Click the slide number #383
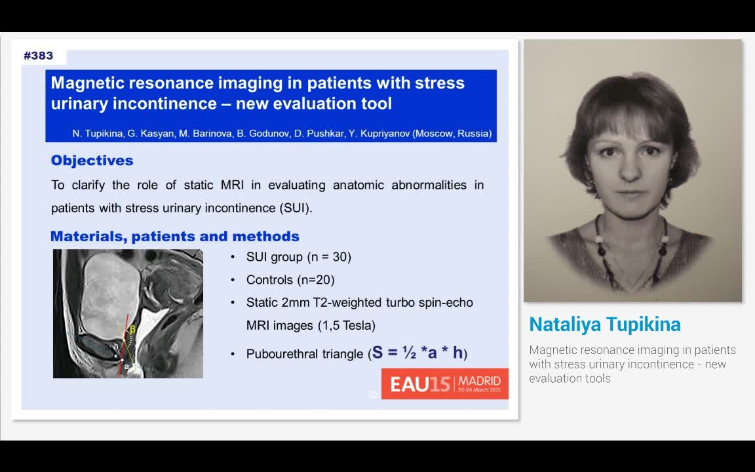[x=38, y=56]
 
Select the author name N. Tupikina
[x=98, y=134]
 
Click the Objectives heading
[x=92, y=161]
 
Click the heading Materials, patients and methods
[x=174, y=237]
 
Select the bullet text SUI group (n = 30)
[x=298, y=257]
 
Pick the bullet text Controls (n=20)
[x=290, y=280]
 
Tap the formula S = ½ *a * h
[x=418, y=353]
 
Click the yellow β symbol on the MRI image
[x=132, y=329]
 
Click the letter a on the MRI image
[x=126, y=367]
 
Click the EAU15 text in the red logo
[x=421, y=384]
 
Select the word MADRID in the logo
[x=479, y=380]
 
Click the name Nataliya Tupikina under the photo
[x=604, y=324]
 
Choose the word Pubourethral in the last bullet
[x=286, y=354]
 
